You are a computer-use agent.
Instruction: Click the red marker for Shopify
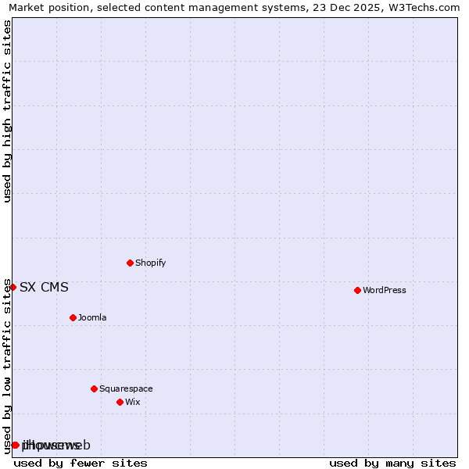pyautogui.click(x=130, y=263)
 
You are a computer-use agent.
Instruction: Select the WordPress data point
pyautogui.click(x=357, y=290)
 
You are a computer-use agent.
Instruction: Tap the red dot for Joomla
pyautogui.click(x=73, y=317)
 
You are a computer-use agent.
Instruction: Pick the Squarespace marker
pyautogui.click(x=94, y=388)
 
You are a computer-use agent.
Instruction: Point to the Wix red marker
pyautogui.click(x=120, y=402)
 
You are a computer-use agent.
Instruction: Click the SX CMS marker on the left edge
pyautogui.click(x=13, y=287)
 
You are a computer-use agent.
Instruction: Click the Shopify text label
pyautogui.click(x=150, y=263)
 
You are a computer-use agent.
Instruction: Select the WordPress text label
pyautogui.click(x=384, y=291)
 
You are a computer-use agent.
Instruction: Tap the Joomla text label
pyautogui.click(x=92, y=318)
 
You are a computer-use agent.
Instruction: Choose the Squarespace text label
pyautogui.click(x=126, y=389)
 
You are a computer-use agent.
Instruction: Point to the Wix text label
pyautogui.click(x=132, y=403)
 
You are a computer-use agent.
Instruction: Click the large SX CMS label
pyautogui.click(x=44, y=288)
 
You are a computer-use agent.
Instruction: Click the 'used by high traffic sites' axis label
pyautogui.click(x=7, y=111)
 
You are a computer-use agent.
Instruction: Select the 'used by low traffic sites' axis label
pyautogui.click(x=7, y=366)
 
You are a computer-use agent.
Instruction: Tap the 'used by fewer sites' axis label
pyautogui.click(x=81, y=463)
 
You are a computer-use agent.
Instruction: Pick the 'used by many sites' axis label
pyautogui.click(x=392, y=463)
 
